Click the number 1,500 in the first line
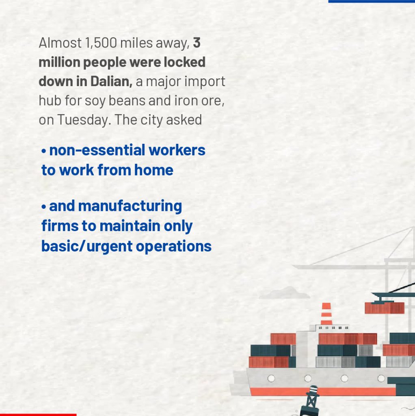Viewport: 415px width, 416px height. (x=101, y=43)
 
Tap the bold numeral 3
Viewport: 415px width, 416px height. (x=197, y=43)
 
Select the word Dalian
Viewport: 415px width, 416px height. (x=111, y=81)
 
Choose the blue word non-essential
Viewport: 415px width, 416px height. (x=97, y=150)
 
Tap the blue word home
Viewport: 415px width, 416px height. (x=153, y=170)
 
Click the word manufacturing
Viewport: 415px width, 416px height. (x=130, y=206)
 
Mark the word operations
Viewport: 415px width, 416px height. (x=174, y=247)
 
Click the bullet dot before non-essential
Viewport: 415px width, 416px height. (x=44, y=152)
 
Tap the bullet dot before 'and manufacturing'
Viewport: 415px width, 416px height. (x=44, y=207)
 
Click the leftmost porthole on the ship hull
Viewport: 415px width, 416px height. (x=271, y=378)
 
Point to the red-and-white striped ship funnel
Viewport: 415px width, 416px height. (x=326, y=314)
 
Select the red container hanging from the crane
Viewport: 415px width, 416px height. (x=385, y=308)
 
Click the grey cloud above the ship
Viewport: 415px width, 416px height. (x=284, y=293)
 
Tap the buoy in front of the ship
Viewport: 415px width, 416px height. (x=311, y=401)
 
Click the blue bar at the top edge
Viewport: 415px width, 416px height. (x=372, y=1)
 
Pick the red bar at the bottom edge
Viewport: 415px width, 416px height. (x=38, y=415)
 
